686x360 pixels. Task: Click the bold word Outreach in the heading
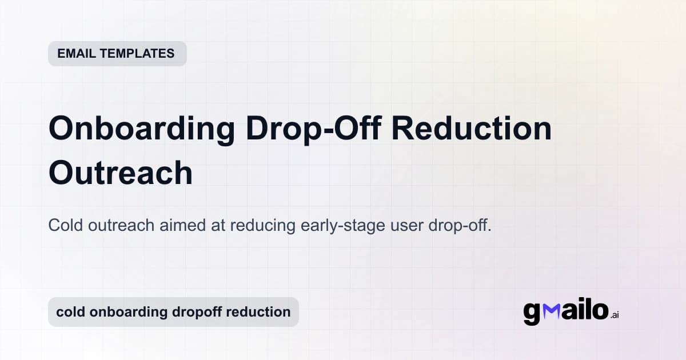tap(121, 172)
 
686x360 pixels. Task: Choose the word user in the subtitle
tap(407, 225)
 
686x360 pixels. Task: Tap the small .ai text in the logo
tap(614, 315)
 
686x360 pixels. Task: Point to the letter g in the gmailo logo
tap(532, 313)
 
